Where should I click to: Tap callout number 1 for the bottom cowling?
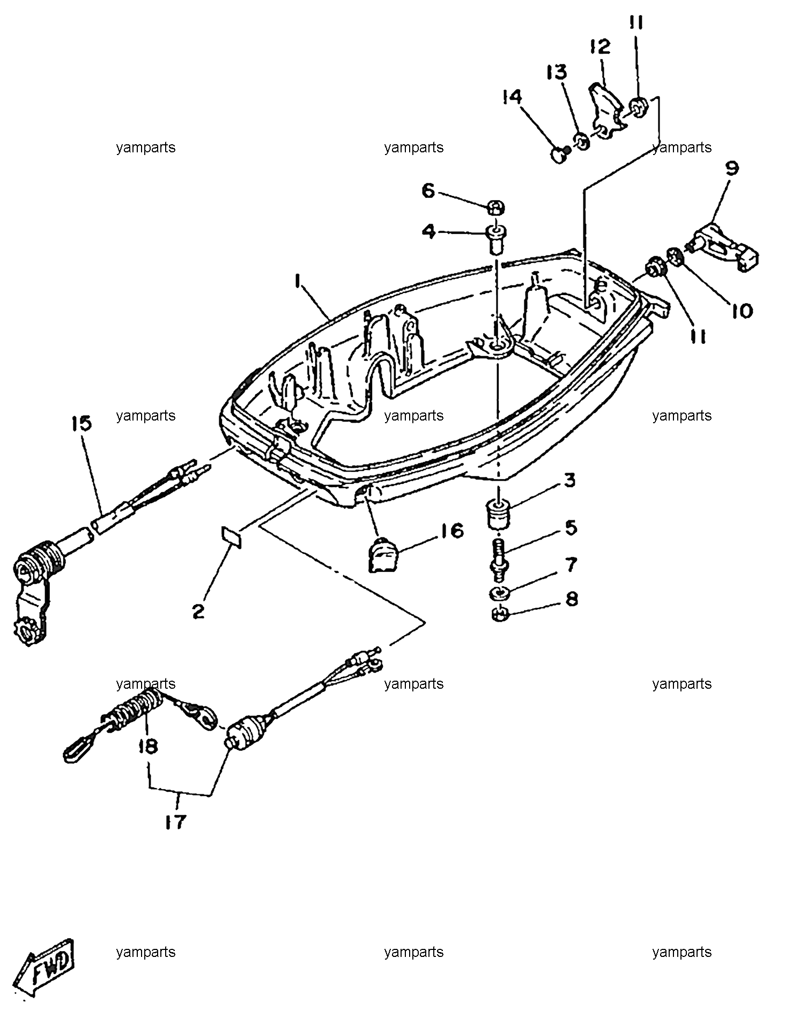point(297,282)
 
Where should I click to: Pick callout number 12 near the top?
point(601,47)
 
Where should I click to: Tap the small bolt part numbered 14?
point(560,155)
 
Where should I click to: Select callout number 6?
point(428,190)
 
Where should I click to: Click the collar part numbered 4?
point(495,240)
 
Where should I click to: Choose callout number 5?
point(571,528)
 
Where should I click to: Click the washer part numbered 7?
point(500,594)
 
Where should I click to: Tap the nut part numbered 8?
point(500,613)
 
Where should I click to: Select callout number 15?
point(81,424)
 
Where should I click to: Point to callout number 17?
point(175,822)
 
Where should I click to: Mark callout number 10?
point(742,311)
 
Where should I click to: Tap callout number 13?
point(556,72)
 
